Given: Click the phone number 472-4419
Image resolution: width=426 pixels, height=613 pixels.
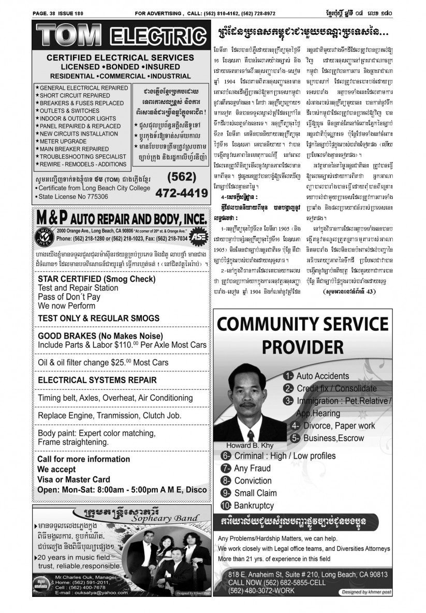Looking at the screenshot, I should [180, 193].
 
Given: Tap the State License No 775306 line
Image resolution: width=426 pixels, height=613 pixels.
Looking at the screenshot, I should [73, 197].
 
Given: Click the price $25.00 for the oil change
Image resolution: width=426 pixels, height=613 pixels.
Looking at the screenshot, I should [122, 362].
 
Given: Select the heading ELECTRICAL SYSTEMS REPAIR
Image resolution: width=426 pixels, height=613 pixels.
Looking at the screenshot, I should [97, 380].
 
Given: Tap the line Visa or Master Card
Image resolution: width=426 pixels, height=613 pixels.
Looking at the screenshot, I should [74, 479].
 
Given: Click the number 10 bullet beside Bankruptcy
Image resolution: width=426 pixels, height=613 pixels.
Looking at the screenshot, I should [226, 505].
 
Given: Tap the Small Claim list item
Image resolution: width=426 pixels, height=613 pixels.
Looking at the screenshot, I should [255, 493].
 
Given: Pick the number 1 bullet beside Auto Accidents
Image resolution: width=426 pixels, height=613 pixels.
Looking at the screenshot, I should [288, 375].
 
